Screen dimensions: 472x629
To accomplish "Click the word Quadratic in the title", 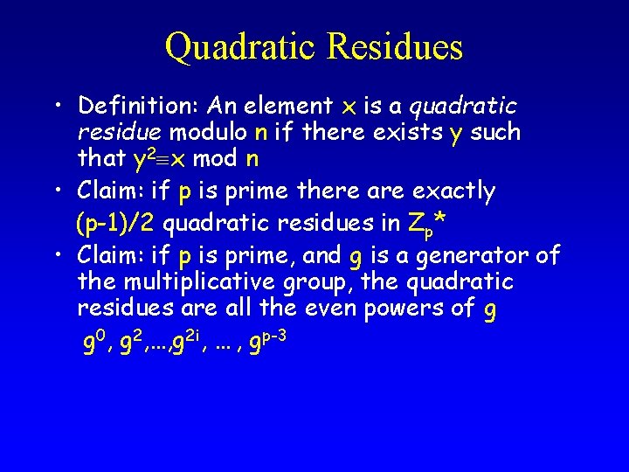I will coord(242,46).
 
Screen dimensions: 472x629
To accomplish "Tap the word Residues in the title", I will coord(395,46).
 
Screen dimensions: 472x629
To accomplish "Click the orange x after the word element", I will coord(349,108).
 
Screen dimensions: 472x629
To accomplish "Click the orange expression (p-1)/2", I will coord(116,223).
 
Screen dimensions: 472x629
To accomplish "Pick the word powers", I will coord(399,309).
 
